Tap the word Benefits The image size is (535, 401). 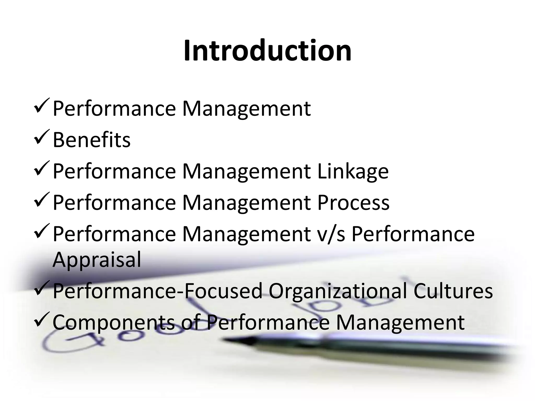pyautogui.click(x=91, y=140)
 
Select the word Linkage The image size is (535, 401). pyautogui.click(x=353, y=172)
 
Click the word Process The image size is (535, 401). pyautogui.click(x=353, y=203)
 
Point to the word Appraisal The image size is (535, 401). pyautogui.click(x=97, y=260)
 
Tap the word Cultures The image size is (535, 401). pyautogui.click(x=453, y=291)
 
